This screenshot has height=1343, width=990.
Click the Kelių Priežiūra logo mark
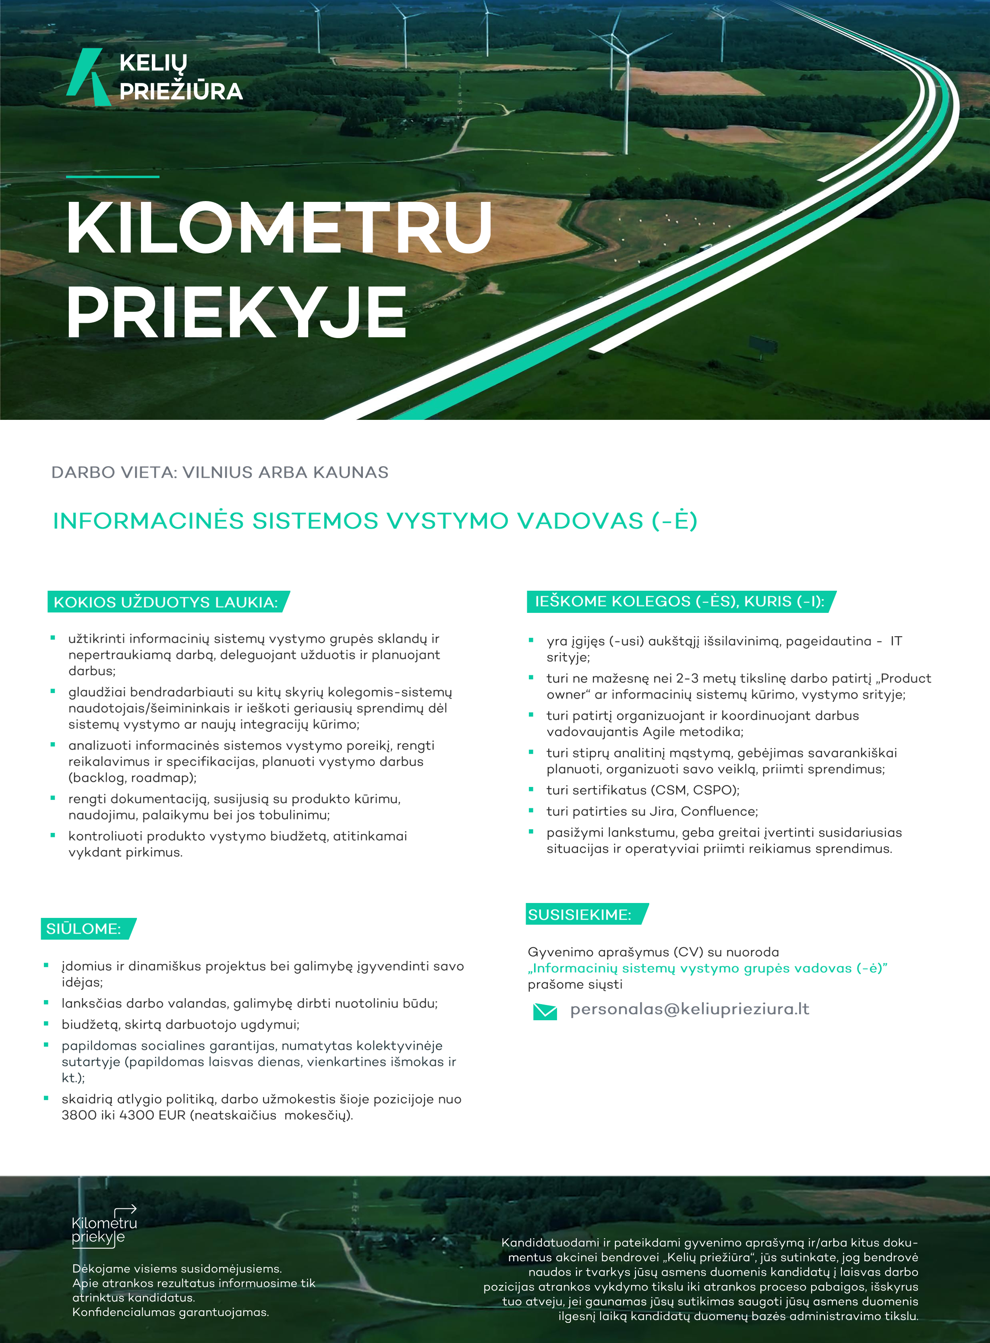pos(88,76)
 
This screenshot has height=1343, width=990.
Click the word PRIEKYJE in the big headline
pos(237,312)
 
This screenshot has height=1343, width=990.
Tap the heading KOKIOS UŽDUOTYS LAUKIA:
pos(166,602)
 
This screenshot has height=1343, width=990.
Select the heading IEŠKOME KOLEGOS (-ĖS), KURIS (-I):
pos(679,601)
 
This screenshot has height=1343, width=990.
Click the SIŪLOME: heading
pos(84,929)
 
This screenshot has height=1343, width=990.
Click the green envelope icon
pos(545,1011)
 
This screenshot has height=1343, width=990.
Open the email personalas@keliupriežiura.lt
pos(689,1009)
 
